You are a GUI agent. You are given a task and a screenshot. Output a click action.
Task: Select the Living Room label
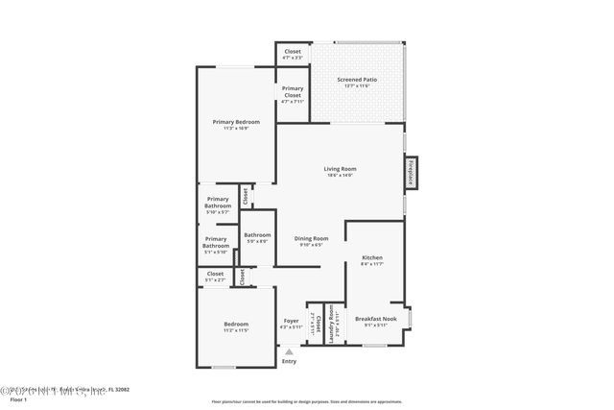coord(340,169)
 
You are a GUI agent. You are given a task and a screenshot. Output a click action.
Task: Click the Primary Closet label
coord(293,92)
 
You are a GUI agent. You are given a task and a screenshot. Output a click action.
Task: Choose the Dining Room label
coord(311,239)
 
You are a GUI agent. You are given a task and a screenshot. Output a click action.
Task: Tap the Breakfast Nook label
coord(375,320)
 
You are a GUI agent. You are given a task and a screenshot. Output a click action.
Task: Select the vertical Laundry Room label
coord(332,325)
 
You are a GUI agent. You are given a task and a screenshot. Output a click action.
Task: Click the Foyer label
coord(291,321)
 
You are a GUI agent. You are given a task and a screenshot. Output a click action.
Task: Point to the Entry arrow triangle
coord(289,351)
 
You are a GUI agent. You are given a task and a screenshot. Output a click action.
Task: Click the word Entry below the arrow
coord(289,361)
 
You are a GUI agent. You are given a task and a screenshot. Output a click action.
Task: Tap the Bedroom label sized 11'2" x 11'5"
coord(235,325)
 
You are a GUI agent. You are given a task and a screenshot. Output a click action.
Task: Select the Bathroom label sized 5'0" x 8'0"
coord(257,235)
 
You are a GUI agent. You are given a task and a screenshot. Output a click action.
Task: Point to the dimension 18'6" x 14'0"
coord(340,176)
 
